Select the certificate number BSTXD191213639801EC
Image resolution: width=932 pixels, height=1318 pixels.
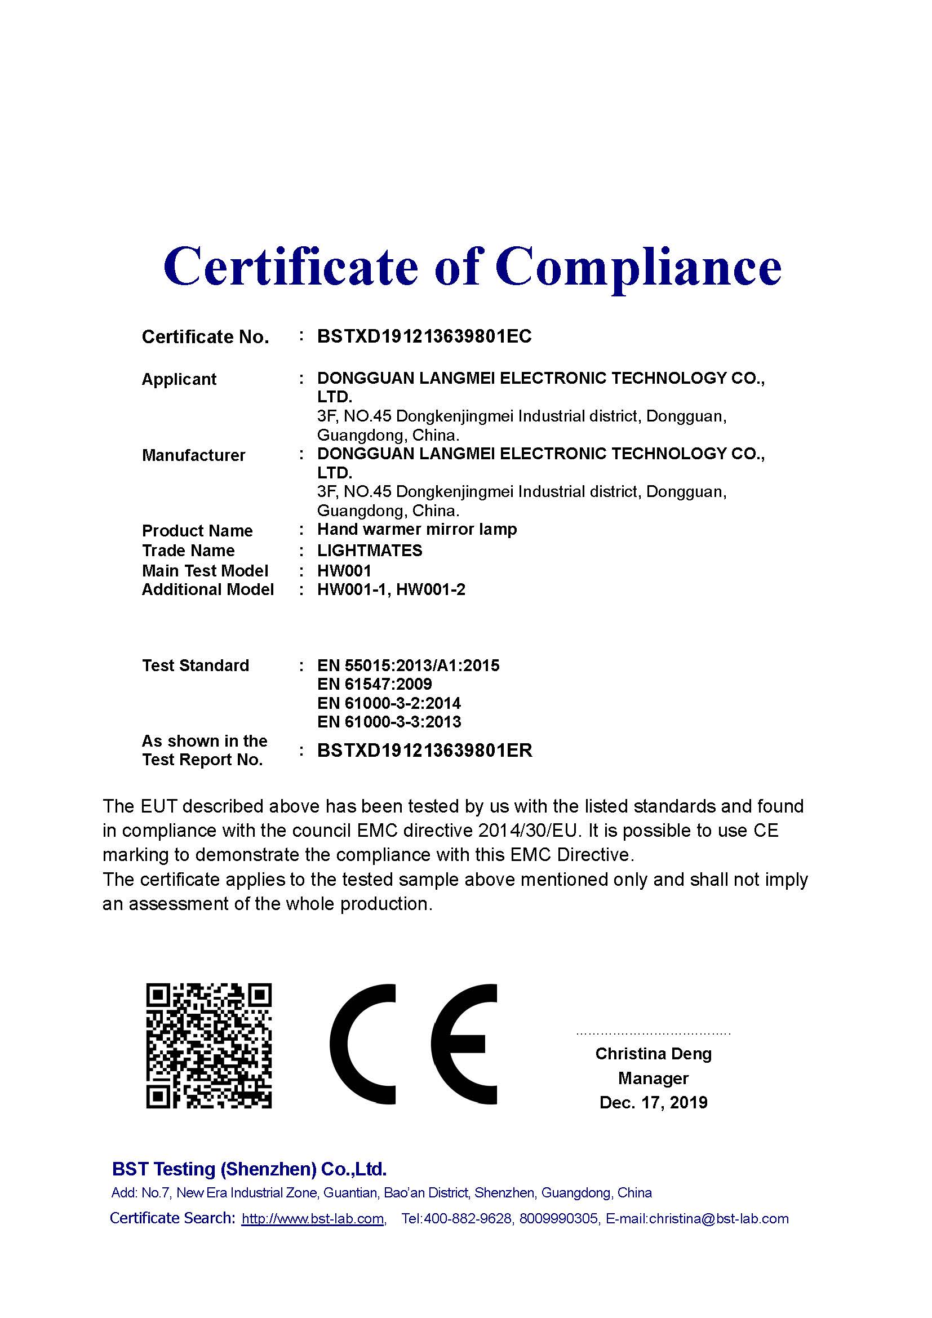424,336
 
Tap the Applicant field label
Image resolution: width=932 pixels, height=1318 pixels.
179,379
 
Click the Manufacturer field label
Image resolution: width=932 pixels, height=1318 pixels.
193,455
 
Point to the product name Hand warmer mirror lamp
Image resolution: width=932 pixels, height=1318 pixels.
416,529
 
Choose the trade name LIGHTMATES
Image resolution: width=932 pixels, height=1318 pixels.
370,551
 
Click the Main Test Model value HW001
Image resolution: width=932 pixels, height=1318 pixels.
344,571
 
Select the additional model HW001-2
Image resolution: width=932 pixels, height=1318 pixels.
431,589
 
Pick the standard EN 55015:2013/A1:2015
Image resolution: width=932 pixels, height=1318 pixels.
408,665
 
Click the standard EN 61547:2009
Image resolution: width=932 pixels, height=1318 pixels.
374,684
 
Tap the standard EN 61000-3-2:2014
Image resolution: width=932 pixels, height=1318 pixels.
389,703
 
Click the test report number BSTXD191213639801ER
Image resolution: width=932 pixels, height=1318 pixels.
425,750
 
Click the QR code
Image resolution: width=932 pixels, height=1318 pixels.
209,1045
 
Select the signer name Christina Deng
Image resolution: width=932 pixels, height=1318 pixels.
653,1054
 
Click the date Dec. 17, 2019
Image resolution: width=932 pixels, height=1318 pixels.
653,1102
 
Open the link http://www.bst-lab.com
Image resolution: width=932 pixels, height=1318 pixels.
313,1218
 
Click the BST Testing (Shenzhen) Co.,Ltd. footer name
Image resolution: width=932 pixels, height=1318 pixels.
249,1169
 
